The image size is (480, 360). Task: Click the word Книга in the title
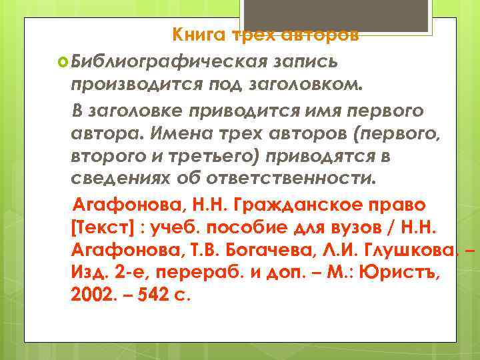coord(198,34)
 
